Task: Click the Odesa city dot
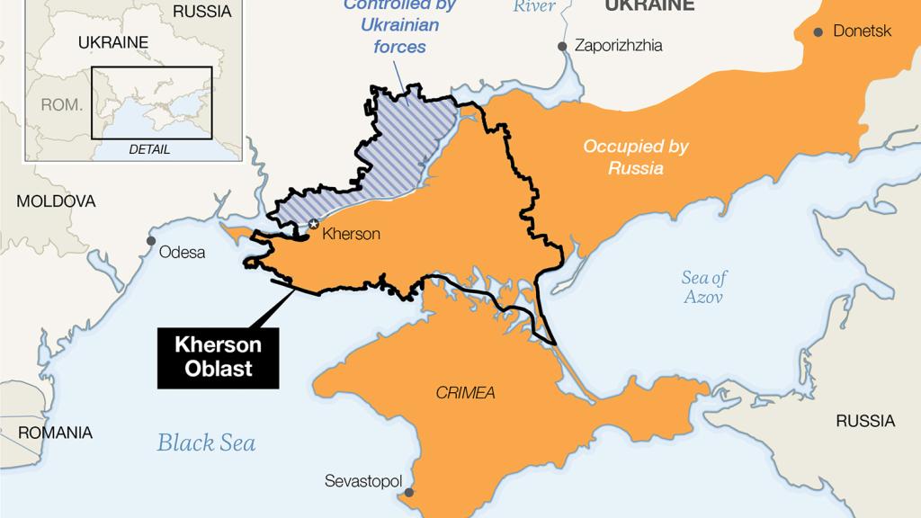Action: pyautogui.click(x=151, y=242)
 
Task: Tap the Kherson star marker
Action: pyautogui.click(x=313, y=224)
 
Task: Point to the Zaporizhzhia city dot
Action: pyautogui.click(x=562, y=45)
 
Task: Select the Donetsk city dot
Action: pyautogui.click(x=818, y=31)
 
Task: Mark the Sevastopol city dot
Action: pyautogui.click(x=409, y=492)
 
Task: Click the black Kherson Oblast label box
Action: pyautogui.click(x=219, y=357)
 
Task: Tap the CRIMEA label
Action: pyautogui.click(x=465, y=393)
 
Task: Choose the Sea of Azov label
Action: pyautogui.click(x=703, y=287)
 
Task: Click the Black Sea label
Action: pyautogui.click(x=206, y=442)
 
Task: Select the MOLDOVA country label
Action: pyautogui.click(x=56, y=201)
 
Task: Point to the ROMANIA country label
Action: pyautogui.click(x=55, y=433)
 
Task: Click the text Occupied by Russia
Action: pyautogui.click(x=623, y=156)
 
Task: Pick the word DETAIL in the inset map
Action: pyautogui.click(x=149, y=149)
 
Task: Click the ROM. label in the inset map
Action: pyautogui.click(x=61, y=104)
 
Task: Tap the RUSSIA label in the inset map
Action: pyautogui.click(x=201, y=12)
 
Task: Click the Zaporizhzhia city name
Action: pyautogui.click(x=618, y=45)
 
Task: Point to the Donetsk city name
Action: pyautogui.click(x=863, y=31)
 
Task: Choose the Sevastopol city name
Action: pyautogui.click(x=363, y=481)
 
